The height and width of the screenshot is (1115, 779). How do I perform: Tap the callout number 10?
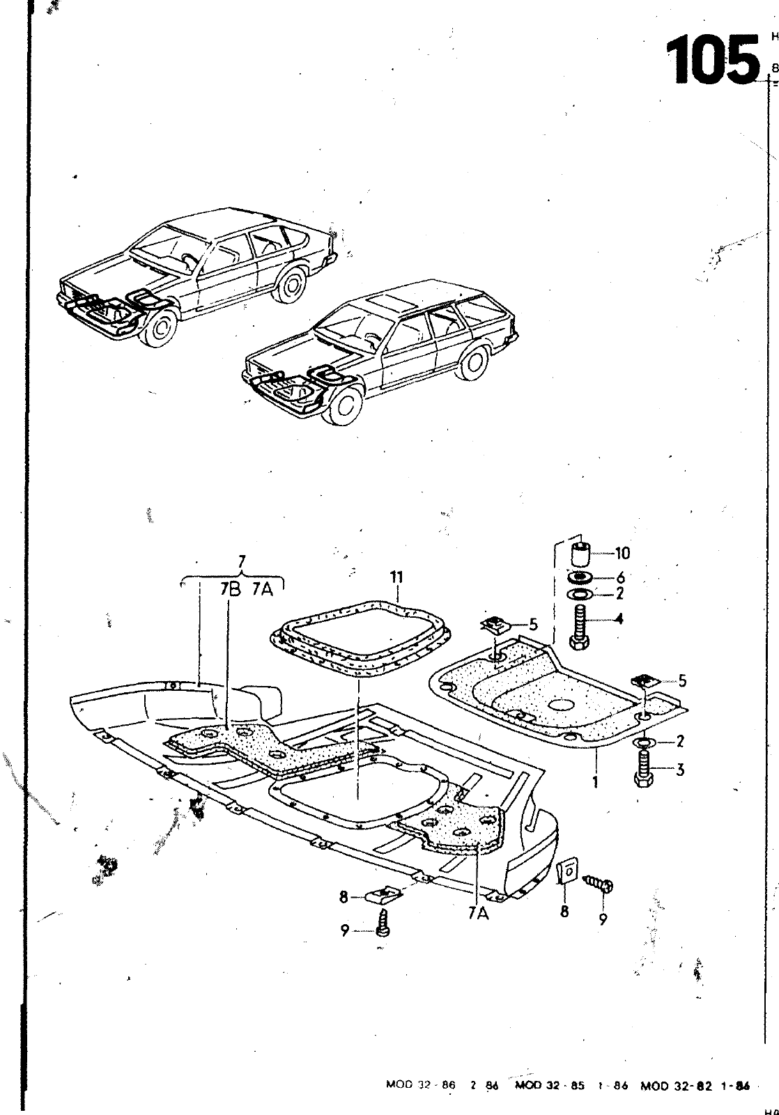(x=622, y=554)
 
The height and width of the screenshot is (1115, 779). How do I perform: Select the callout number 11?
(x=397, y=577)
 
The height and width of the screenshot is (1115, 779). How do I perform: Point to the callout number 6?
(x=620, y=577)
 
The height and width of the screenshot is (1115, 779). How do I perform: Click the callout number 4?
(x=619, y=618)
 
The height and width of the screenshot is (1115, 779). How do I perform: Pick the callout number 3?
(x=680, y=770)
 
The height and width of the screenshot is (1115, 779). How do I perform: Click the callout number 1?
(x=596, y=782)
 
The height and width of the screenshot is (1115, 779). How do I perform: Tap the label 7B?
(x=230, y=589)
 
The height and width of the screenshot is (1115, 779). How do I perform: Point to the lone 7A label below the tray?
(x=478, y=913)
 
